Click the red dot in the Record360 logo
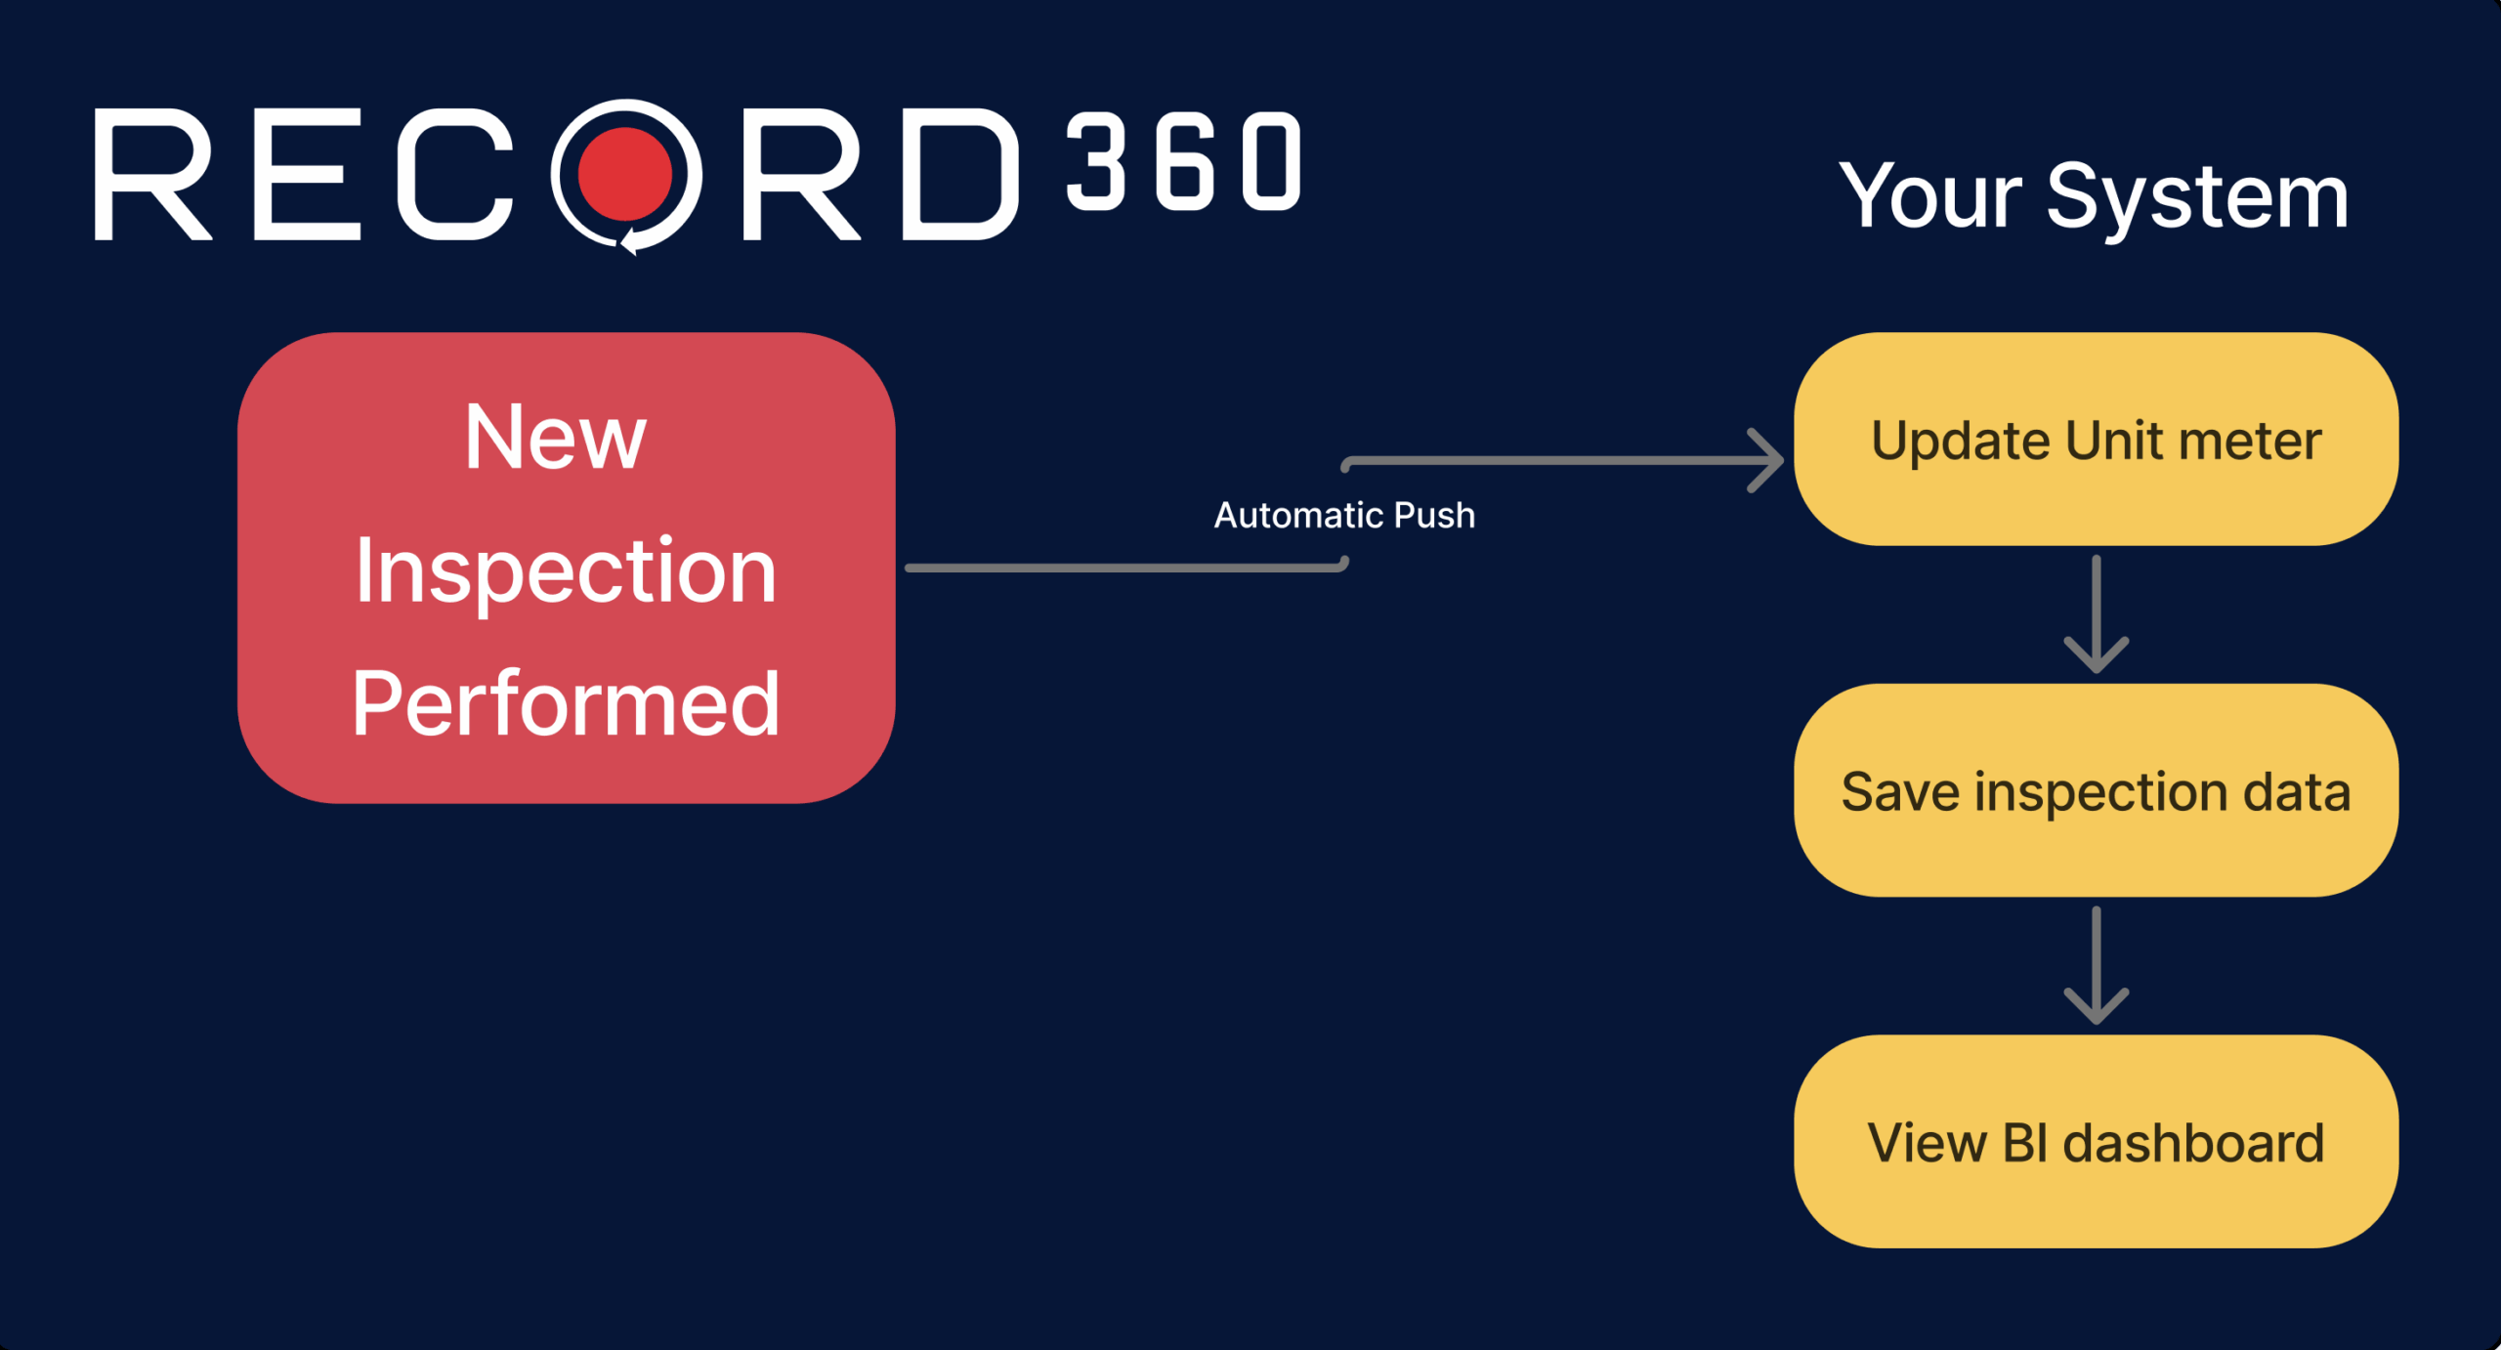pyautogui.click(x=625, y=174)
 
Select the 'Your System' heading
pyautogui.click(x=2094, y=197)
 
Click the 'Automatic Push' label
pyautogui.click(x=1344, y=515)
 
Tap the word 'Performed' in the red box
pyautogui.click(x=566, y=703)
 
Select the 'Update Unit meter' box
pyautogui.click(x=2096, y=440)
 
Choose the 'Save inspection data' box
pyautogui.click(x=2096, y=790)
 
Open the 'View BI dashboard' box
pyautogui.click(x=2096, y=1141)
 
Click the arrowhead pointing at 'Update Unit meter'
pyautogui.click(x=1767, y=460)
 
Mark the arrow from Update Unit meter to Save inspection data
pyautogui.click(x=2097, y=614)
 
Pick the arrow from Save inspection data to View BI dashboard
pyautogui.click(x=2097, y=966)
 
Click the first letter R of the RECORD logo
pyautogui.click(x=152, y=174)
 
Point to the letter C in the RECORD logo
pyautogui.click(x=455, y=174)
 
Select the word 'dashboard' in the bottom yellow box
pyautogui.click(x=2193, y=1142)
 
